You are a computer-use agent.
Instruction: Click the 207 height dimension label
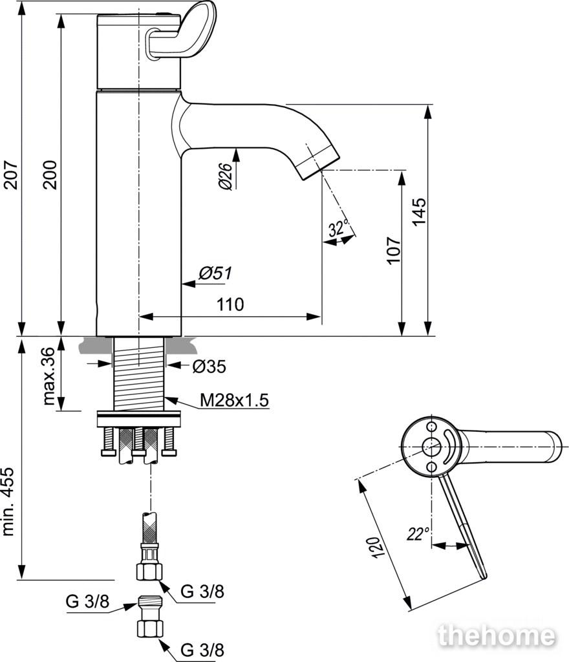10,175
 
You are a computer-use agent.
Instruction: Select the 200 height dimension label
51,175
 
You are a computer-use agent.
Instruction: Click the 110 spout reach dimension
230,304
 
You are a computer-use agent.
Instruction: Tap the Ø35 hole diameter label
209,367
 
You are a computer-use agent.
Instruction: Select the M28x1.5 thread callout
233,400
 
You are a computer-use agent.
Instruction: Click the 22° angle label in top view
418,534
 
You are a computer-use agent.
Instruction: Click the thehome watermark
496,636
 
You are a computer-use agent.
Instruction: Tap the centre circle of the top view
429,446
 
